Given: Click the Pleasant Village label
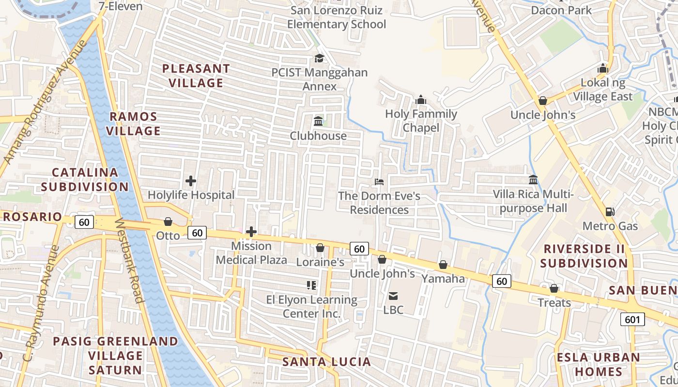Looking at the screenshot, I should click(196, 76).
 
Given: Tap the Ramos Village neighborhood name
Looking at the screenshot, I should click(133, 124).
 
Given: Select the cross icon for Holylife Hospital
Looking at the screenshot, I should click(191, 181).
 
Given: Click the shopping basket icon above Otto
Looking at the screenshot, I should click(168, 222).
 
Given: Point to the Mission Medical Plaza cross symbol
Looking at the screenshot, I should click(251, 232).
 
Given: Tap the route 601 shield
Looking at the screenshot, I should click(632, 319).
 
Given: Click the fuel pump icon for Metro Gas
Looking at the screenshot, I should click(609, 212).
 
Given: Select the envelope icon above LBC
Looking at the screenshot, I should click(393, 296).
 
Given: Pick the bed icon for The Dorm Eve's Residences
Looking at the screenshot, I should click(379, 182).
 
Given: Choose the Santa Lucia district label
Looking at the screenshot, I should click(326, 362).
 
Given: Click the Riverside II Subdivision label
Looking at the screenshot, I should click(584, 256).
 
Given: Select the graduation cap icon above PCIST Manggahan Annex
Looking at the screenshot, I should click(319, 59).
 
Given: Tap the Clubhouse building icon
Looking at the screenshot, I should click(318, 121).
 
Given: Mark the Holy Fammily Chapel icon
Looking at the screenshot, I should click(421, 100).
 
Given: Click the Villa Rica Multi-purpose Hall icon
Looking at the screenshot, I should click(533, 179).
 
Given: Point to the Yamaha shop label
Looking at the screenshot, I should click(443, 279).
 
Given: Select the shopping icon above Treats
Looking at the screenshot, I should click(554, 288).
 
